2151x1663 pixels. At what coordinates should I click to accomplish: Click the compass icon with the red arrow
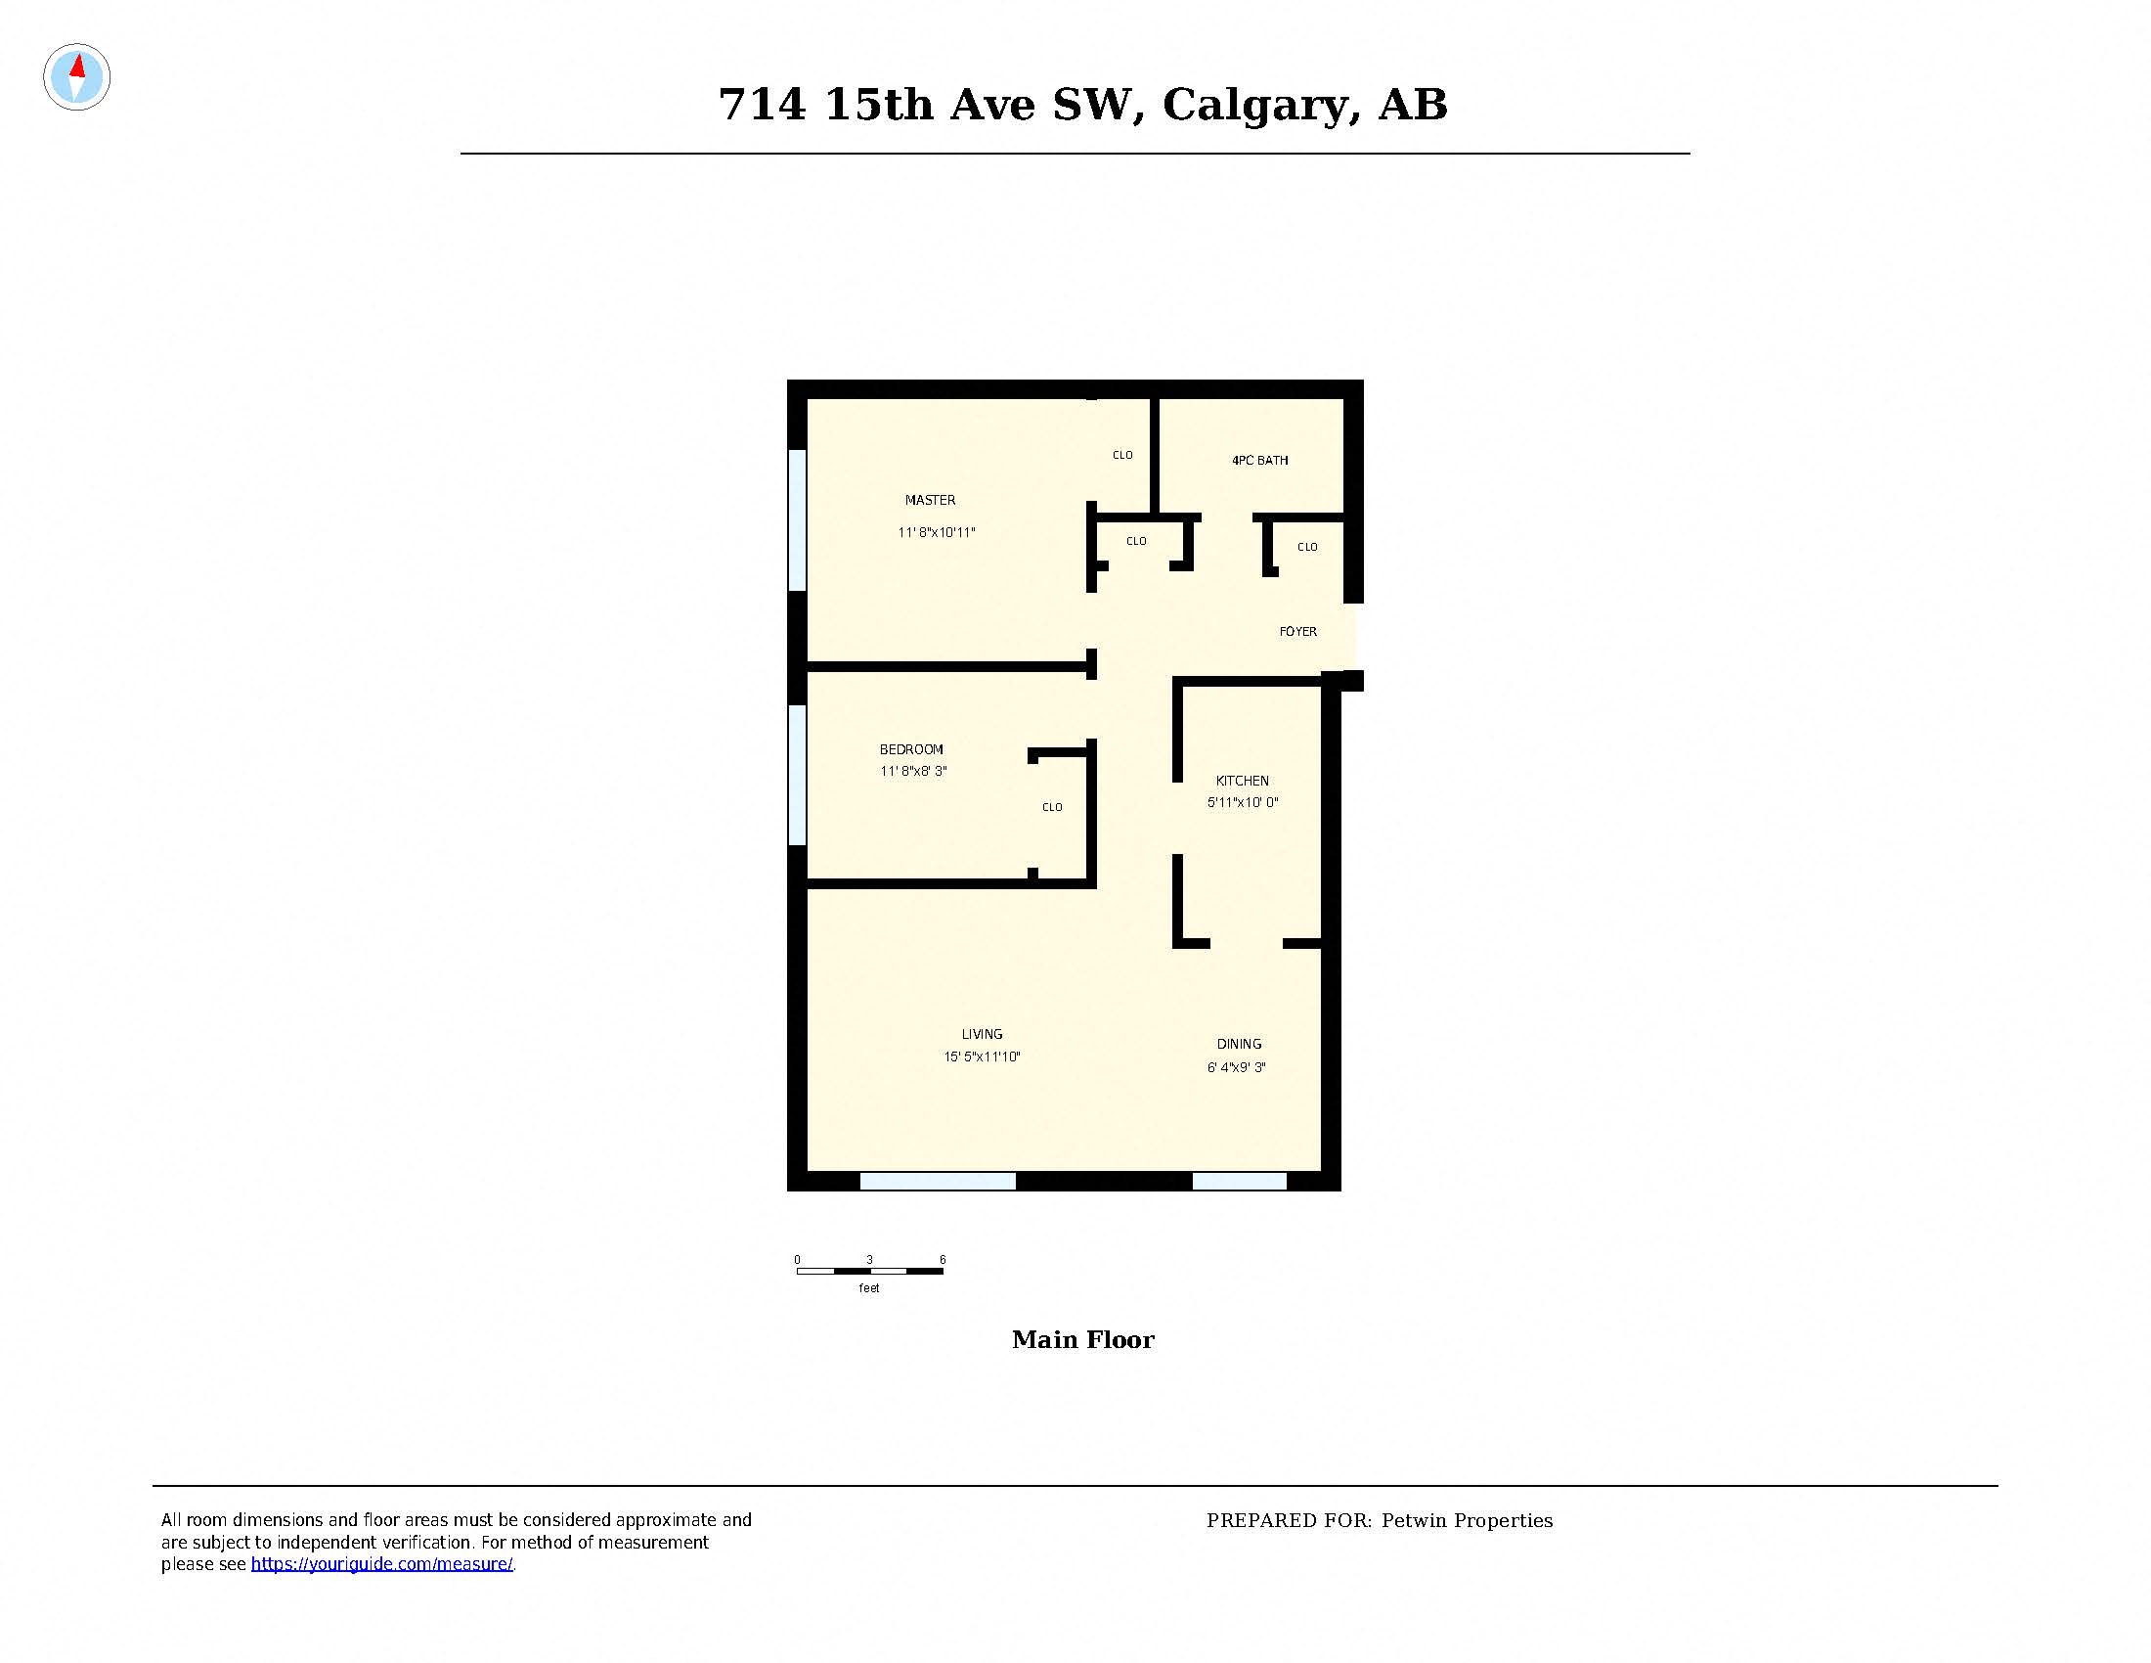(x=77, y=77)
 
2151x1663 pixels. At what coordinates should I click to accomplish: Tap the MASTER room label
(x=930, y=501)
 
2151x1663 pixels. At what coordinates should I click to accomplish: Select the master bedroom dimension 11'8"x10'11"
(x=936, y=533)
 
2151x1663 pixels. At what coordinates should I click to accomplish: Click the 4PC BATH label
(x=1259, y=460)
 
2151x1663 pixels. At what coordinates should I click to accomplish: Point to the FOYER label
(x=1297, y=632)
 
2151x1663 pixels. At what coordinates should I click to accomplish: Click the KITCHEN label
(x=1242, y=781)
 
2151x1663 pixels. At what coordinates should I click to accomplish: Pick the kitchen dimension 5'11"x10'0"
(x=1242, y=803)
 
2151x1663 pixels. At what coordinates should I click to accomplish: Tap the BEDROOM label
(x=911, y=749)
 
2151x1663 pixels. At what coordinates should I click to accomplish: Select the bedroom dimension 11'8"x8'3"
(x=913, y=772)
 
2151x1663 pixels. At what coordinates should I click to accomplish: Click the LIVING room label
(x=982, y=1034)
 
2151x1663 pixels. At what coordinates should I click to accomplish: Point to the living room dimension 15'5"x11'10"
(x=982, y=1057)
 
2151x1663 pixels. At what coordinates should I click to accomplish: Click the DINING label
(x=1239, y=1045)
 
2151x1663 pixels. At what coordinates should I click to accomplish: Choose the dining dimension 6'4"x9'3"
(x=1236, y=1067)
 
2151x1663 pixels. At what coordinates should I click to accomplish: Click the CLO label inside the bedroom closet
(x=1052, y=808)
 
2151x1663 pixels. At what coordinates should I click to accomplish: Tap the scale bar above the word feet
(x=869, y=1271)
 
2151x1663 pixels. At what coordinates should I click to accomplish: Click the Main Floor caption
(x=1082, y=1340)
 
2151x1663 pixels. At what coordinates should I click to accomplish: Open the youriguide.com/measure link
(x=382, y=1564)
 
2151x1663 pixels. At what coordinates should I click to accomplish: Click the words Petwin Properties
(x=1467, y=1521)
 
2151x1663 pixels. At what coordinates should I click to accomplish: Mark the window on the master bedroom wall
(x=798, y=520)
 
